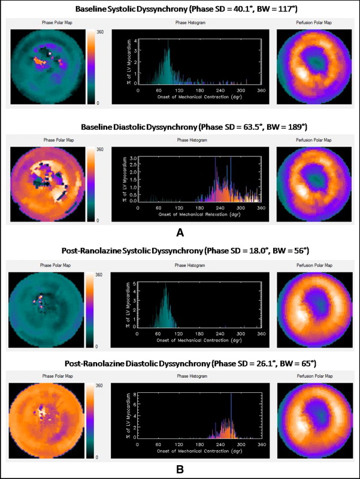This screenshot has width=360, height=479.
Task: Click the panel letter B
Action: point(180,469)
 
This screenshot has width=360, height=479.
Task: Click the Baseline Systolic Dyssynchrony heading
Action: point(180,9)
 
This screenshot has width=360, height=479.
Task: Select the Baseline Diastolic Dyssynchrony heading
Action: point(180,128)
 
